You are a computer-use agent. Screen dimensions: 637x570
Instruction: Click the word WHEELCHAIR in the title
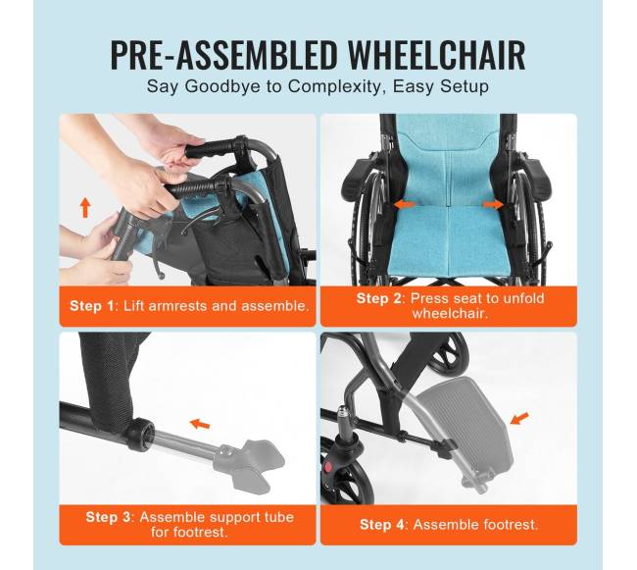[437, 56]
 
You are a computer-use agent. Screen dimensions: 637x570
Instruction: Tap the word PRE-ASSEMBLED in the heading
[223, 56]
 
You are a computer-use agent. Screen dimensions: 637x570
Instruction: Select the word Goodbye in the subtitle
[222, 87]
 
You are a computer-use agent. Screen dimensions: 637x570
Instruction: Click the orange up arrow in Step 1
[85, 207]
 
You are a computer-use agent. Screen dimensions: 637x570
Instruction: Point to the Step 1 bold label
[92, 306]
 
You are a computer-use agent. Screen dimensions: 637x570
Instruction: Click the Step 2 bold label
[378, 298]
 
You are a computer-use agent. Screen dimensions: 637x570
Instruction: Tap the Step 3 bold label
[108, 517]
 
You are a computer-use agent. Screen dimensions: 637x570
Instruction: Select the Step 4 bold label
[382, 525]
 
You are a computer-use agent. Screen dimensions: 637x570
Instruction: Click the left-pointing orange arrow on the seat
[405, 204]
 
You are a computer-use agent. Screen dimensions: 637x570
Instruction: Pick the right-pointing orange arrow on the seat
[493, 204]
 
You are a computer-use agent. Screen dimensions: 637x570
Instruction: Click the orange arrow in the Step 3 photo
[200, 424]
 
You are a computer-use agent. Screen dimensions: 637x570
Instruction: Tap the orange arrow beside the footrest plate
[519, 418]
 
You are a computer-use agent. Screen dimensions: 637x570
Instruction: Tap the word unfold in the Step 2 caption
[523, 298]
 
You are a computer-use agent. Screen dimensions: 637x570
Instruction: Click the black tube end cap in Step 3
[140, 435]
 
